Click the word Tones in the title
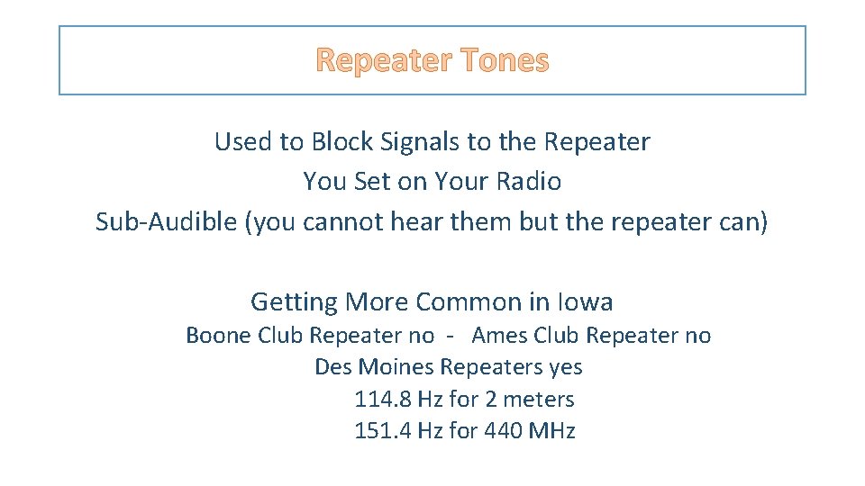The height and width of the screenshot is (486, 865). (504, 60)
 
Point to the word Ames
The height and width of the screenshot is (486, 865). (500, 336)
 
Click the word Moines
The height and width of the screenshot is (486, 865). (396, 367)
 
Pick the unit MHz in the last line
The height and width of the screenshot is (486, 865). (551, 430)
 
